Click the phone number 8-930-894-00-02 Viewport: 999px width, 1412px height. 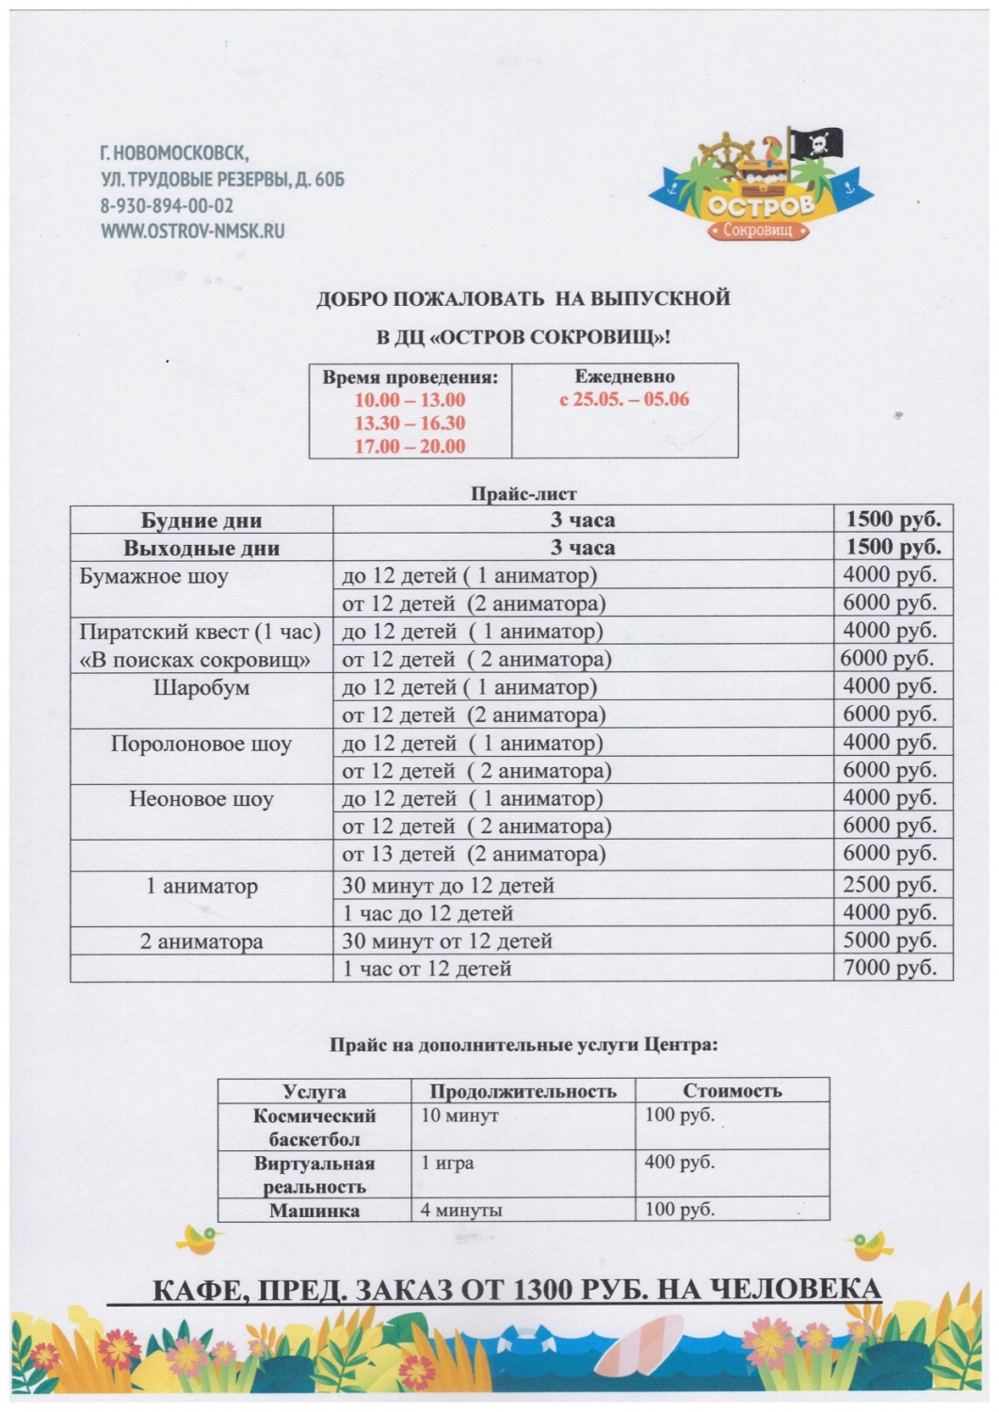point(167,206)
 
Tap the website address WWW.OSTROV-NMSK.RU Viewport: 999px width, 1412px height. point(192,231)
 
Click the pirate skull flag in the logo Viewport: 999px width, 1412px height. point(815,146)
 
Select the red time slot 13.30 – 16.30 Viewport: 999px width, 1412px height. point(410,424)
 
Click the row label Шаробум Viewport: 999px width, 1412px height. point(201,688)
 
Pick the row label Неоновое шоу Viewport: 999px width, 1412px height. point(201,800)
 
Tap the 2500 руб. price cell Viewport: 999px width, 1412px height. point(890,885)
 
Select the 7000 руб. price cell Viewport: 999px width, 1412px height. point(890,968)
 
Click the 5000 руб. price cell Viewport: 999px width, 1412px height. point(890,940)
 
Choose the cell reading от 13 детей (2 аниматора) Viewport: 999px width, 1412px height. point(474,855)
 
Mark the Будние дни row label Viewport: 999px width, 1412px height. point(201,521)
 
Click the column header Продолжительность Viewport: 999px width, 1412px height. point(523,1092)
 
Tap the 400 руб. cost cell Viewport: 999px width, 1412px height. point(680,1163)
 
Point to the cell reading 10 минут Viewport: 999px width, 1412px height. point(459,1116)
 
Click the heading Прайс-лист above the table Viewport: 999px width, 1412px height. point(524,493)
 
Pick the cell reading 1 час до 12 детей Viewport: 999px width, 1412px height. point(428,913)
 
